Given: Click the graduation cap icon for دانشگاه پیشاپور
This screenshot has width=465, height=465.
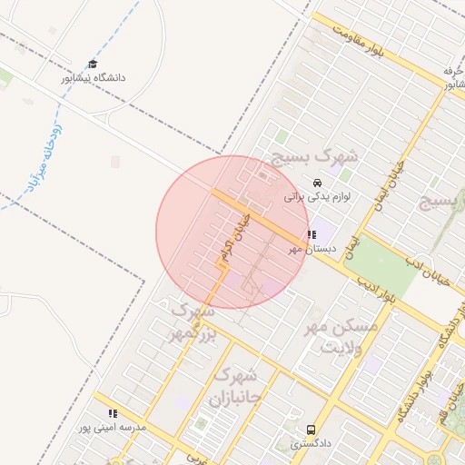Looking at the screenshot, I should [93, 64].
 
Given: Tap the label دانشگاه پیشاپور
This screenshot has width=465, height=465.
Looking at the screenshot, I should [93, 78].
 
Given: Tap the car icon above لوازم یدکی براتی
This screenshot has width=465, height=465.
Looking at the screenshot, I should [316, 182].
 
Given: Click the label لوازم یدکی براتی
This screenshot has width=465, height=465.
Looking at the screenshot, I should [317, 195].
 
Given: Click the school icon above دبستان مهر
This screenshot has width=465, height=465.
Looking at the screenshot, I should [313, 235].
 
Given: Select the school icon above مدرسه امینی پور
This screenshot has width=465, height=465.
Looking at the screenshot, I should [113, 413].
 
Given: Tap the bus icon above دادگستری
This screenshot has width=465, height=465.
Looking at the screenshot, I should [312, 430].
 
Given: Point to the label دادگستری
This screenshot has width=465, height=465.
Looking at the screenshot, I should [312, 444].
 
